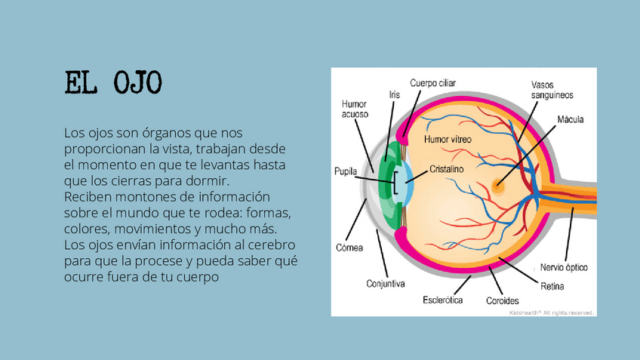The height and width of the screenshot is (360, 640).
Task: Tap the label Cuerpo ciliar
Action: point(432,82)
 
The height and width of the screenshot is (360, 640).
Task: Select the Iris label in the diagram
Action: point(394,94)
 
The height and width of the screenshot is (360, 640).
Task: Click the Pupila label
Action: point(345,172)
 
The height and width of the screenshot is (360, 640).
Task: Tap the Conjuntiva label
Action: point(386,285)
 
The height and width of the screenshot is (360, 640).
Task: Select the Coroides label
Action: point(502,300)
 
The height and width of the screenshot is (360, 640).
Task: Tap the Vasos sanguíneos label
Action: point(552,91)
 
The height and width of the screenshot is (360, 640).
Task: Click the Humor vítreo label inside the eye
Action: point(448,140)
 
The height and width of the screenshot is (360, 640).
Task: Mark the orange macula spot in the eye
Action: point(497,183)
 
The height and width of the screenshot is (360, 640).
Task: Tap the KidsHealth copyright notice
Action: point(552,312)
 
